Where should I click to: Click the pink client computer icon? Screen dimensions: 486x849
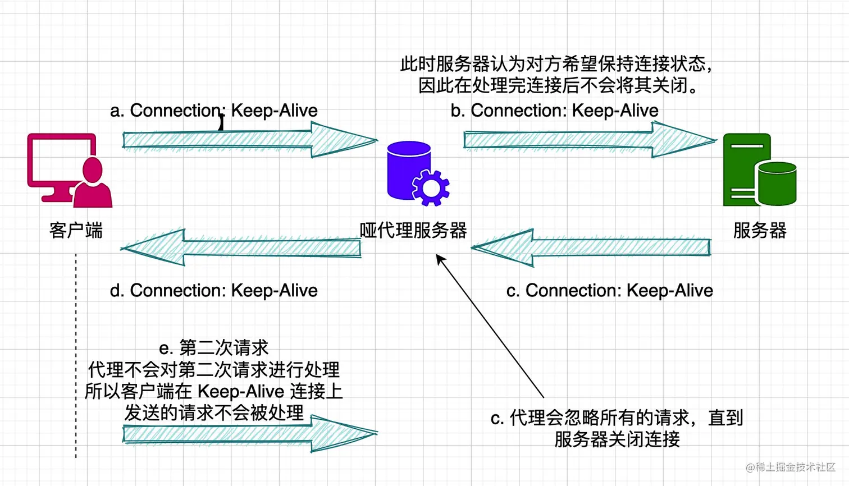point(69,170)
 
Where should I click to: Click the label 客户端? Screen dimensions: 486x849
point(76,230)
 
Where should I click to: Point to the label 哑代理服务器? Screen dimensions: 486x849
point(413,230)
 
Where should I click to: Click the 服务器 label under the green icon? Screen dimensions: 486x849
point(759,230)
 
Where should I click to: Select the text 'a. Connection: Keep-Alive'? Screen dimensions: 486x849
point(213,111)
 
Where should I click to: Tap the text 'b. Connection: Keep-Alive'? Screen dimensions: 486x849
point(554,111)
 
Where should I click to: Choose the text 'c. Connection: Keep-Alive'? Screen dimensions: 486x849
point(609,291)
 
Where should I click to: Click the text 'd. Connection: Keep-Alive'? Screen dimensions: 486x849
point(213,291)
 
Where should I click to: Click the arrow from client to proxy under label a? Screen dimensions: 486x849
point(247,140)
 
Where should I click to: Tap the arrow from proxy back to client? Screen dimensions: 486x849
point(241,247)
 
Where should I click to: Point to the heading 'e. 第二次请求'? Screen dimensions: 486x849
point(213,348)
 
